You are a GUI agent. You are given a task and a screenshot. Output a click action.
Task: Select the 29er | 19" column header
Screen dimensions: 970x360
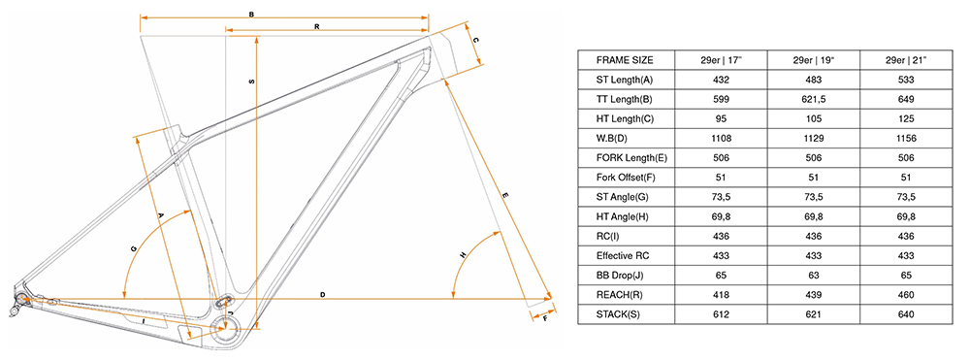(x=814, y=60)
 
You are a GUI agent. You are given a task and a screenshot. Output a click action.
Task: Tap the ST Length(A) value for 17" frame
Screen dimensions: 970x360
(x=721, y=80)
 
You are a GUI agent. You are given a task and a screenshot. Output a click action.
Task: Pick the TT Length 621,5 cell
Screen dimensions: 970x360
(x=814, y=99)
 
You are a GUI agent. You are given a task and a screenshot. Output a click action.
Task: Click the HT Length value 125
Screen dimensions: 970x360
(x=906, y=118)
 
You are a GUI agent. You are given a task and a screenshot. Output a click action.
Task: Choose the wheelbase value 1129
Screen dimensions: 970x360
(x=814, y=139)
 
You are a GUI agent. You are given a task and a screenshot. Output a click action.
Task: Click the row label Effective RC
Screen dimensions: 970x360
(x=623, y=255)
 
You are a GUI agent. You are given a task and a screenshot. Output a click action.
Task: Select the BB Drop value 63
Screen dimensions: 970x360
(x=814, y=276)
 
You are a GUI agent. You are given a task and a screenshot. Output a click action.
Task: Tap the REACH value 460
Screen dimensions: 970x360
(x=906, y=295)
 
